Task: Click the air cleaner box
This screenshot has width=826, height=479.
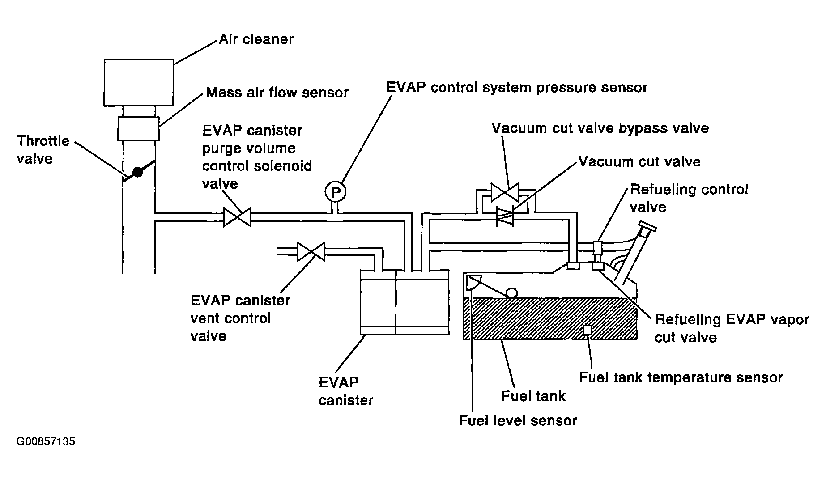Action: click(139, 82)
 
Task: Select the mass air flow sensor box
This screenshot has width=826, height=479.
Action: click(139, 128)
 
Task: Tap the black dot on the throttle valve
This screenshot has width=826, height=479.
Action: click(138, 172)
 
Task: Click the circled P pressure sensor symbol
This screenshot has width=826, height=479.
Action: click(336, 192)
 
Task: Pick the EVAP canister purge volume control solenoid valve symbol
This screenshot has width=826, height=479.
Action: click(237, 217)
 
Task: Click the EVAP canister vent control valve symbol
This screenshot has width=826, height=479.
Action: click(311, 251)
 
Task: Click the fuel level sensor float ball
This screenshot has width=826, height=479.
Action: click(511, 292)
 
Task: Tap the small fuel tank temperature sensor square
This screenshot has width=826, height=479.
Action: click(588, 330)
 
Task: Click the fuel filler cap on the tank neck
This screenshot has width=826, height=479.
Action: click(647, 227)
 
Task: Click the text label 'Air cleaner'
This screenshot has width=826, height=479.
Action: click(256, 39)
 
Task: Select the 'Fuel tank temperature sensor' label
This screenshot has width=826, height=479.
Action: click(681, 377)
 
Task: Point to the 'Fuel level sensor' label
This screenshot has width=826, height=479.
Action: click(518, 420)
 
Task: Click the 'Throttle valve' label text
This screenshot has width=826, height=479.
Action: click(43, 150)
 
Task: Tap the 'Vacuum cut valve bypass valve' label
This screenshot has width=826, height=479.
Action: click(600, 128)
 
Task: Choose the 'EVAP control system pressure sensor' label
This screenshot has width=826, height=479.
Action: click(517, 87)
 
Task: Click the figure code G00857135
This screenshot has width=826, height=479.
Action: click(46, 442)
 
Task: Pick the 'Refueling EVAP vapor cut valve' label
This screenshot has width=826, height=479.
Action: click(732, 328)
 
